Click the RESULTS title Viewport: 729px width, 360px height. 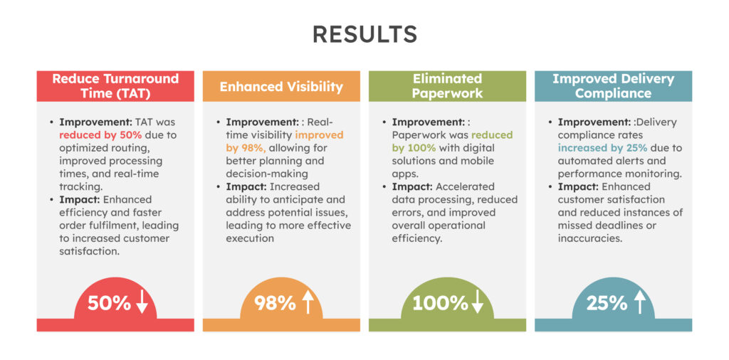(x=364, y=35)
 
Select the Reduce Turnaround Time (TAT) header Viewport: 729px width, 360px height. (x=115, y=86)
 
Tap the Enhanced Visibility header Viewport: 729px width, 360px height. (x=281, y=87)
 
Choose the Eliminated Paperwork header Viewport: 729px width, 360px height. (x=447, y=86)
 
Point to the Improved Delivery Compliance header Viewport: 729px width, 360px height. (x=613, y=86)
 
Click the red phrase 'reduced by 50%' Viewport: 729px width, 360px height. (x=101, y=135)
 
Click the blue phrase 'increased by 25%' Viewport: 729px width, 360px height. (x=602, y=148)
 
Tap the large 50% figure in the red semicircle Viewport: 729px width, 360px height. (x=109, y=303)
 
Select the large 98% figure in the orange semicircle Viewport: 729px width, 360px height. (x=275, y=303)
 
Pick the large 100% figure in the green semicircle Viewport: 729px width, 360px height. (x=440, y=303)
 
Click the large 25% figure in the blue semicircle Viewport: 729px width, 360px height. (x=607, y=303)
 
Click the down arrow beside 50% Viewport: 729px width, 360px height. (x=142, y=303)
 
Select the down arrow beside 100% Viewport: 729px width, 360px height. (x=478, y=303)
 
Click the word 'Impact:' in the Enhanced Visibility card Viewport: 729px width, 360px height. (x=246, y=186)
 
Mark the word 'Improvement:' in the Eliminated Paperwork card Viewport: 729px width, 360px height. (x=428, y=122)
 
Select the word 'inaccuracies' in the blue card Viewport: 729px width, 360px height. (x=590, y=238)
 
